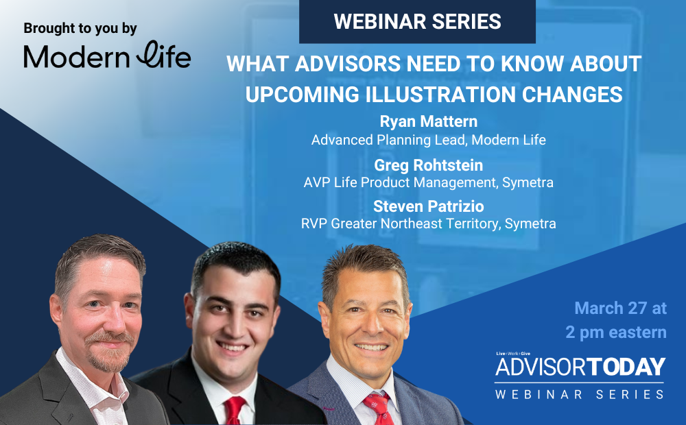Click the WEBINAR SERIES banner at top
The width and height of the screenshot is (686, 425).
pyautogui.click(x=417, y=21)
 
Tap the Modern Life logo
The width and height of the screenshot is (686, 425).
pyautogui.click(x=107, y=56)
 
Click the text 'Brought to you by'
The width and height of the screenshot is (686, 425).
pyautogui.click(x=80, y=29)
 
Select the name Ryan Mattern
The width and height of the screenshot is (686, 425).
pyautogui.click(x=428, y=122)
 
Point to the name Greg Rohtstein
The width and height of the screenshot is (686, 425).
pyautogui.click(x=428, y=165)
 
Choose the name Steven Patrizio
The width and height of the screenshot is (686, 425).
pyautogui.click(x=428, y=206)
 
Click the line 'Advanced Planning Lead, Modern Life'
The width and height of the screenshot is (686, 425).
pyautogui.click(x=428, y=140)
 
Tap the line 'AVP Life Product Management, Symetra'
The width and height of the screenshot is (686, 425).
pyautogui.click(x=428, y=183)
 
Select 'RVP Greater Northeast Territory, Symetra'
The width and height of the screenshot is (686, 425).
pyautogui.click(x=428, y=224)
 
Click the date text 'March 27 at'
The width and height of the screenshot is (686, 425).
pyautogui.click(x=620, y=308)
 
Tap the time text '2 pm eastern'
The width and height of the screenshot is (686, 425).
pyautogui.click(x=616, y=332)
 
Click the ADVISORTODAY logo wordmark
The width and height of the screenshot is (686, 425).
pyautogui.click(x=580, y=366)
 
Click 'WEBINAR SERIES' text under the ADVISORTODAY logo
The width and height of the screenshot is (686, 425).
pyautogui.click(x=580, y=393)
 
